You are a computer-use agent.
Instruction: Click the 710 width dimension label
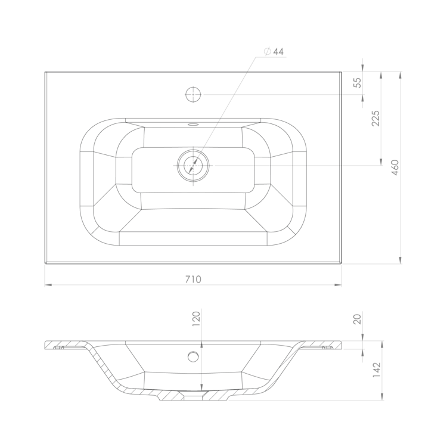(193, 279)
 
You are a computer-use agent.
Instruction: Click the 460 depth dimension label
(395, 167)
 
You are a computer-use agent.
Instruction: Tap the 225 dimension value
(375, 119)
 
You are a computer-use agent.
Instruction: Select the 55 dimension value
(357, 83)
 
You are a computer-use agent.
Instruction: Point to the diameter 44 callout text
(274, 52)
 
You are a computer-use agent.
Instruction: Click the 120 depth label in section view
(197, 319)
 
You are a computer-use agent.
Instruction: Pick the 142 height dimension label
(377, 370)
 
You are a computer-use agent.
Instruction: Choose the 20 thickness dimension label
(357, 319)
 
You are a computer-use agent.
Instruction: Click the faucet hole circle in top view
(193, 94)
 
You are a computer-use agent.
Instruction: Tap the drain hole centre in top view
(193, 165)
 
